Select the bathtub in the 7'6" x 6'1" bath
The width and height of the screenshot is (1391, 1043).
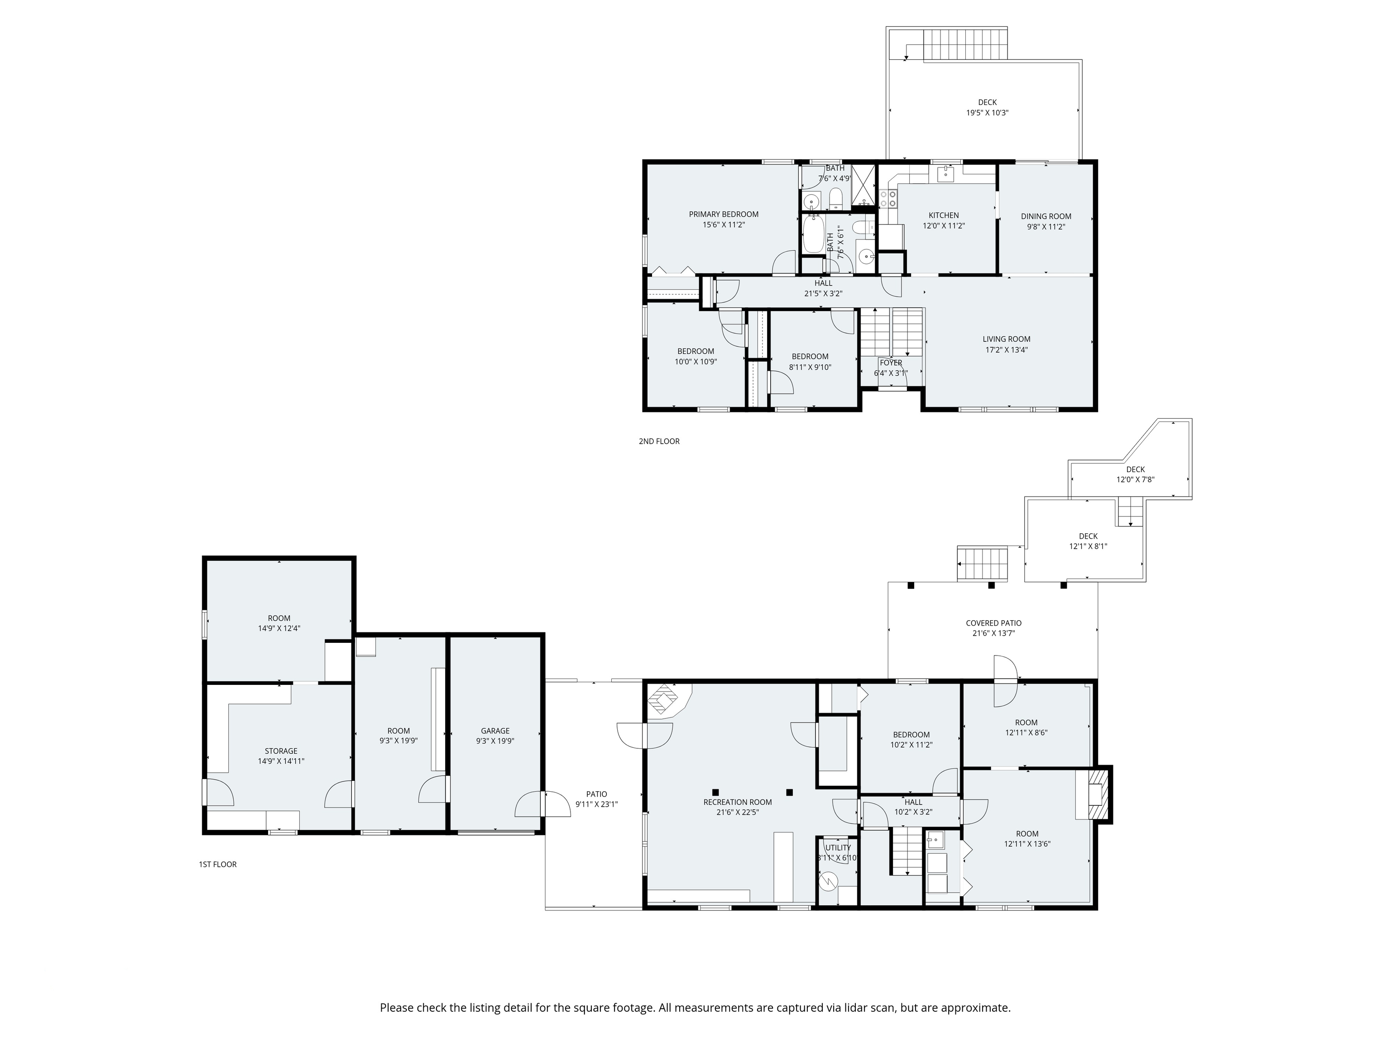pyautogui.click(x=813, y=234)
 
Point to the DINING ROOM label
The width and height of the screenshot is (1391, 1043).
pyautogui.click(x=1046, y=216)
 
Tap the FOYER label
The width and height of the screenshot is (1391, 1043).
pyautogui.click(x=891, y=363)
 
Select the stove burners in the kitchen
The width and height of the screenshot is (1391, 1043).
pyautogui.click(x=888, y=199)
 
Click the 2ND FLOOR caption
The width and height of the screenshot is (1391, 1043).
pyautogui.click(x=658, y=441)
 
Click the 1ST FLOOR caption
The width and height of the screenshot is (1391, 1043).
pyautogui.click(x=218, y=865)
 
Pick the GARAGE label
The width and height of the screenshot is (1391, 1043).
pyautogui.click(x=495, y=731)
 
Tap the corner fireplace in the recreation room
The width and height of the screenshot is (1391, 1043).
pyautogui.click(x=663, y=699)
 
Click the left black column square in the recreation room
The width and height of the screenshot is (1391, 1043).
pyautogui.click(x=715, y=792)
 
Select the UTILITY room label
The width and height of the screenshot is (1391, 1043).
pyautogui.click(x=838, y=847)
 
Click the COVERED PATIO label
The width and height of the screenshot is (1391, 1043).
pyautogui.click(x=993, y=623)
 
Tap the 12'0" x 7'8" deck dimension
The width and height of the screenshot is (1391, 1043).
pyautogui.click(x=1135, y=480)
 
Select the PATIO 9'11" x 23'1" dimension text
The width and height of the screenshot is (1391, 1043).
pyautogui.click(x=596, y=804)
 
